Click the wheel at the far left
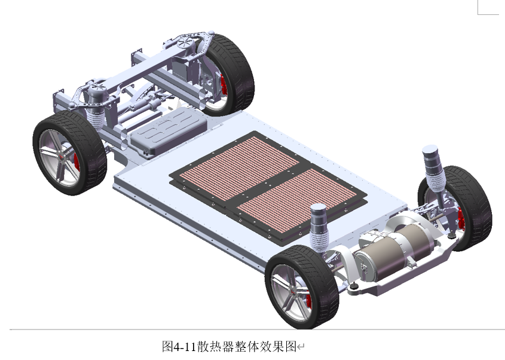click(x=69, y=152)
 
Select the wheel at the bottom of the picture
click(x=301, y=287)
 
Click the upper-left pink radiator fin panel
click(x=240, y=167)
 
